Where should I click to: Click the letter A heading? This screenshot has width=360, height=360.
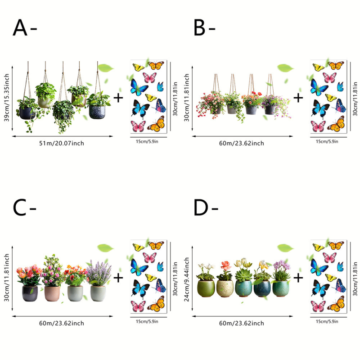click(20, 27)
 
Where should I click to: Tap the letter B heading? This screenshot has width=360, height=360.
click(199, 27)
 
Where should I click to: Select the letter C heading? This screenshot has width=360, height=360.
click(19, 207)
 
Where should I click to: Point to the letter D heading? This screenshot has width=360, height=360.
click(201, 207)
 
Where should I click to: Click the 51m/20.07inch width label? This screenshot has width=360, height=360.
click(62, 143)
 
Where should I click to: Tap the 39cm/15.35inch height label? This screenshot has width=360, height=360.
click(6, 98)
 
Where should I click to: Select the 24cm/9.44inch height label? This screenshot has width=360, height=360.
click(186, 279)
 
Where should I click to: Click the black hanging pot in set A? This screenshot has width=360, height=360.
click(27, 113)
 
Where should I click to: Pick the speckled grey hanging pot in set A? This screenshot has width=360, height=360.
click(97, 112)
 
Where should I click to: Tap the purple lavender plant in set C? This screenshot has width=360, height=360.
click(99, 273)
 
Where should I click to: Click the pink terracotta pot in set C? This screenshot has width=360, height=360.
click(52, 293)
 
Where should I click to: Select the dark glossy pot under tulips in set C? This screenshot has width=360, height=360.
click(30, 293)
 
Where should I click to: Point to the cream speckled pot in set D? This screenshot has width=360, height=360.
click(225, 288)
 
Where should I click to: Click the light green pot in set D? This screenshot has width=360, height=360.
click(206, 288)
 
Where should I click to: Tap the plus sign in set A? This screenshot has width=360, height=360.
click(118, 98)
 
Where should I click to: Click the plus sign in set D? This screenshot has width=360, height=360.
click(298, 278)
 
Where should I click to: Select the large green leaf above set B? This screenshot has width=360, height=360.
click(285, 68)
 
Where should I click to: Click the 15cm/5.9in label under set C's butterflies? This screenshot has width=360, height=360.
click(147, 321)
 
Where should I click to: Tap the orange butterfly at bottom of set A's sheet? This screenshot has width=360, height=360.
click(157, 124)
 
